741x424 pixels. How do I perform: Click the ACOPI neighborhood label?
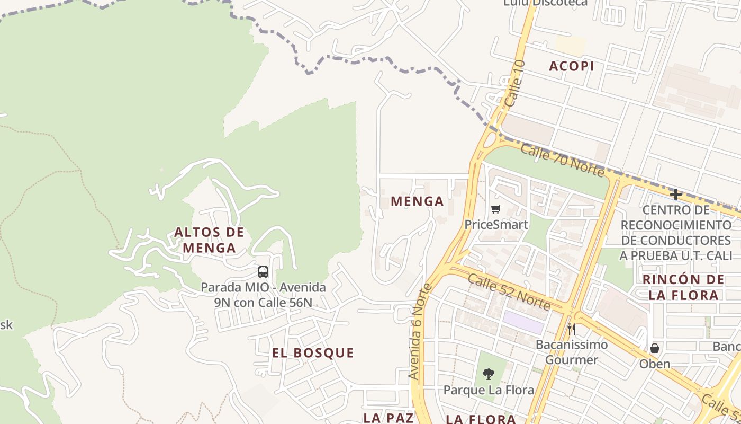pyautogui.click(x=571, y=66)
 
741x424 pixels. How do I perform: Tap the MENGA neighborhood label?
pyautogui.click(x=417, y=201)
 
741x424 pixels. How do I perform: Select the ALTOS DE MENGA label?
pyautogui.click(x=209, y=240)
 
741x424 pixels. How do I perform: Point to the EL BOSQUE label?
pyautogui.click(x=313, y=353)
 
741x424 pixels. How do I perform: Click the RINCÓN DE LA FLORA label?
pyautogui.click(x=683, y=287)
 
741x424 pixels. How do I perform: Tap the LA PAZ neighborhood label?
pyautogui.click(x=388, y=418)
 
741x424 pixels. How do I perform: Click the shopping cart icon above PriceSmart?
pyautogui.click(x=495, y=209)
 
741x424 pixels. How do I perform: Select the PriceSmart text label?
pyautogui.click(x=496, y=224)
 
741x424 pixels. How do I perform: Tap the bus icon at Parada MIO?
pyautogui.click(x=263, y=272)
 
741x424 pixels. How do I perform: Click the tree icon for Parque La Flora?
pyautogui.click(x=488, y=374)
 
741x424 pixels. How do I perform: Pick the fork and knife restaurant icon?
pyautogui.click(x=571, y=329)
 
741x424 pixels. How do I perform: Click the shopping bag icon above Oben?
pyautogui.click(x=655, y=348)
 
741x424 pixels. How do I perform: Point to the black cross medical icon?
pyautogui.click(x=675, y=195)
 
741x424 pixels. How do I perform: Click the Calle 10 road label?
pyautogui.click(x=515, y=83)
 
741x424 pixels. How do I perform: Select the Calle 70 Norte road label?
pyautogui.click(x=562, y=160)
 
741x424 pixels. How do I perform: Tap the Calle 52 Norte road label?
pyautogui.click(x=509, y=290)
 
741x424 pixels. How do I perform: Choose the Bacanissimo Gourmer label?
pyautogui.click(x=572, y=352)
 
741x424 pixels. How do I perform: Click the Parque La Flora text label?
pyautogui.click(x=489, y=391)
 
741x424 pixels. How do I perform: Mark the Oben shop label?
pyautogui.click(x=655, y=364)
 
